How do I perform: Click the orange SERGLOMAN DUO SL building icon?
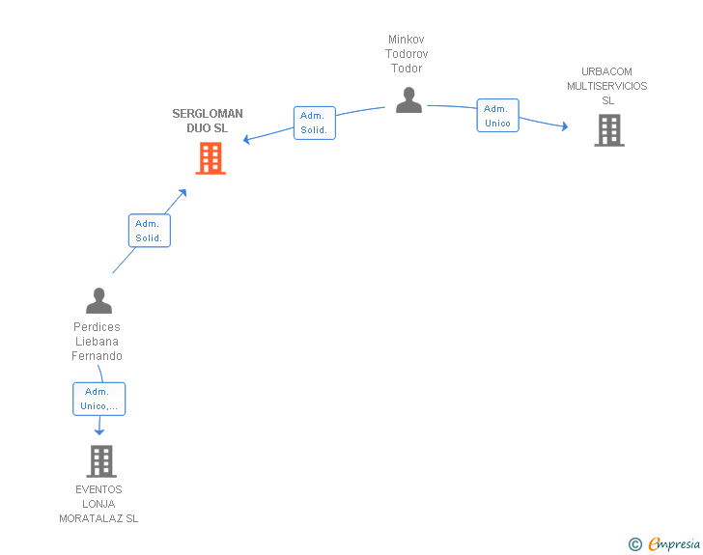211,158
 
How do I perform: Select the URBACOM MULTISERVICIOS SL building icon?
609,130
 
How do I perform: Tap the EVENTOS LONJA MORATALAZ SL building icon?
101,461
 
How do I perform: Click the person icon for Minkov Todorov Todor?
408,100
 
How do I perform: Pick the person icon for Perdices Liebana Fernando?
98,300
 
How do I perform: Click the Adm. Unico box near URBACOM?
497,115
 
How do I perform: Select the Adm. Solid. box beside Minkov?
314,123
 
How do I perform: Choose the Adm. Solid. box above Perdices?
150,231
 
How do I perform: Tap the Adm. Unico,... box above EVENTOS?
99,399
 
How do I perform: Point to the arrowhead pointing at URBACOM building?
565,126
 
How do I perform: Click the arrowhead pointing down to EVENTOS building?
99,431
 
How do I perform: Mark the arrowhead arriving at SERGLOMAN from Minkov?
246,139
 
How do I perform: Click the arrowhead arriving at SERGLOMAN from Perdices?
183,193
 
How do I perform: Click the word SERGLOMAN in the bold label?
208,114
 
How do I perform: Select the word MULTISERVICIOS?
607,86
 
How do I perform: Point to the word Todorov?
407,54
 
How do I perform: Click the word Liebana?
97,342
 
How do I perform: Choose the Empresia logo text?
674,543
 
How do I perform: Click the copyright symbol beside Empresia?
635,544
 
